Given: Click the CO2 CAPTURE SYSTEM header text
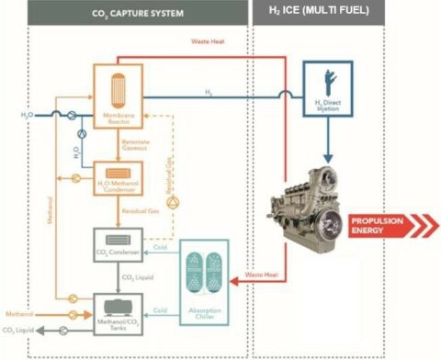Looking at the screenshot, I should coord(139,14).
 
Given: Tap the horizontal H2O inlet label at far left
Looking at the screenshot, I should coord(29,114).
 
